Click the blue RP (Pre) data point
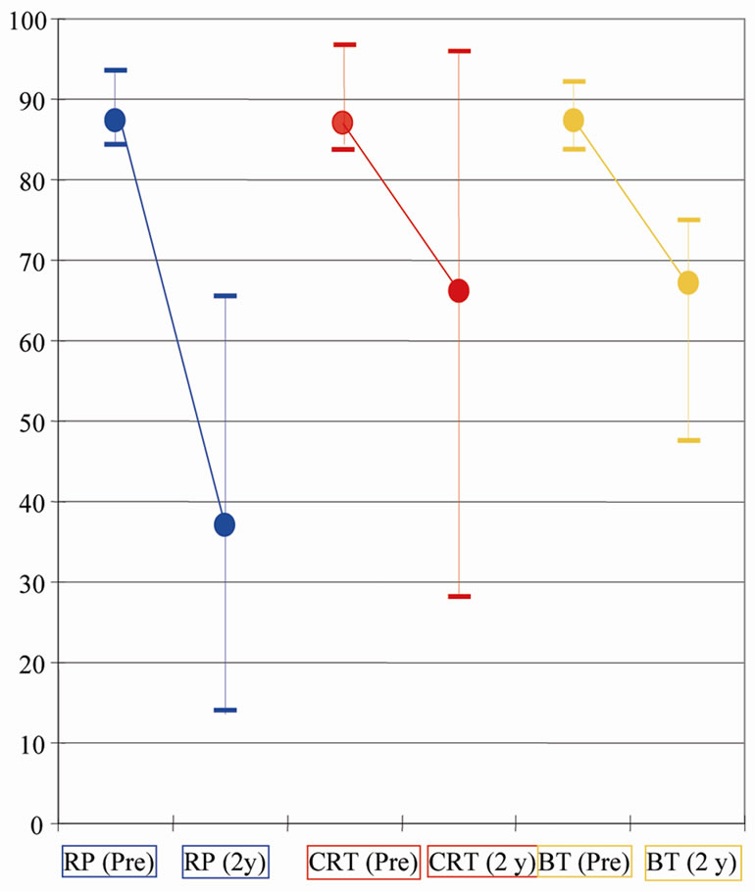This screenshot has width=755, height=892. click(x=115, y=121)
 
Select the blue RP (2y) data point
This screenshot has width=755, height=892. click(x=225, y=524)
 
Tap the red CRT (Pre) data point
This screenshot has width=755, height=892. click(x=342, y=123)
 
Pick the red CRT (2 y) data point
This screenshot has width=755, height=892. click(x=459, y=290)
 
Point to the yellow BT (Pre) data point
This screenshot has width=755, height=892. click(x=574, y=121)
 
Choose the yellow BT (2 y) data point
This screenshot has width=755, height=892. click(x=688, y=282)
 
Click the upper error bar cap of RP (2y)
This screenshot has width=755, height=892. click(x=226, y=295)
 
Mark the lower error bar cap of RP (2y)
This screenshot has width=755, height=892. click(x=226, y=710)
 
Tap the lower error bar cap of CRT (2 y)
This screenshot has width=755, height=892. click(x=459, y=596)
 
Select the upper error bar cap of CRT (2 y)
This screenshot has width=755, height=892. click(x=459, y=51)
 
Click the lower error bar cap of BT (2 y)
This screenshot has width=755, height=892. click(x=688, y=440)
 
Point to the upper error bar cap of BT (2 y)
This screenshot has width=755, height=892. click(x=688, y=220)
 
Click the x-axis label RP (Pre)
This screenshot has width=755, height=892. click(x=109, y=864)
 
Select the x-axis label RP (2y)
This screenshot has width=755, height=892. click(x=226, y=864)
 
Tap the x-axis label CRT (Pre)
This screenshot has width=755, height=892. click(x=364, y=864)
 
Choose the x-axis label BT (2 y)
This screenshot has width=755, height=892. click(x=691, y=864)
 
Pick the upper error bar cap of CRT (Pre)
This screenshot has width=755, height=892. click(x=344, y=44)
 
